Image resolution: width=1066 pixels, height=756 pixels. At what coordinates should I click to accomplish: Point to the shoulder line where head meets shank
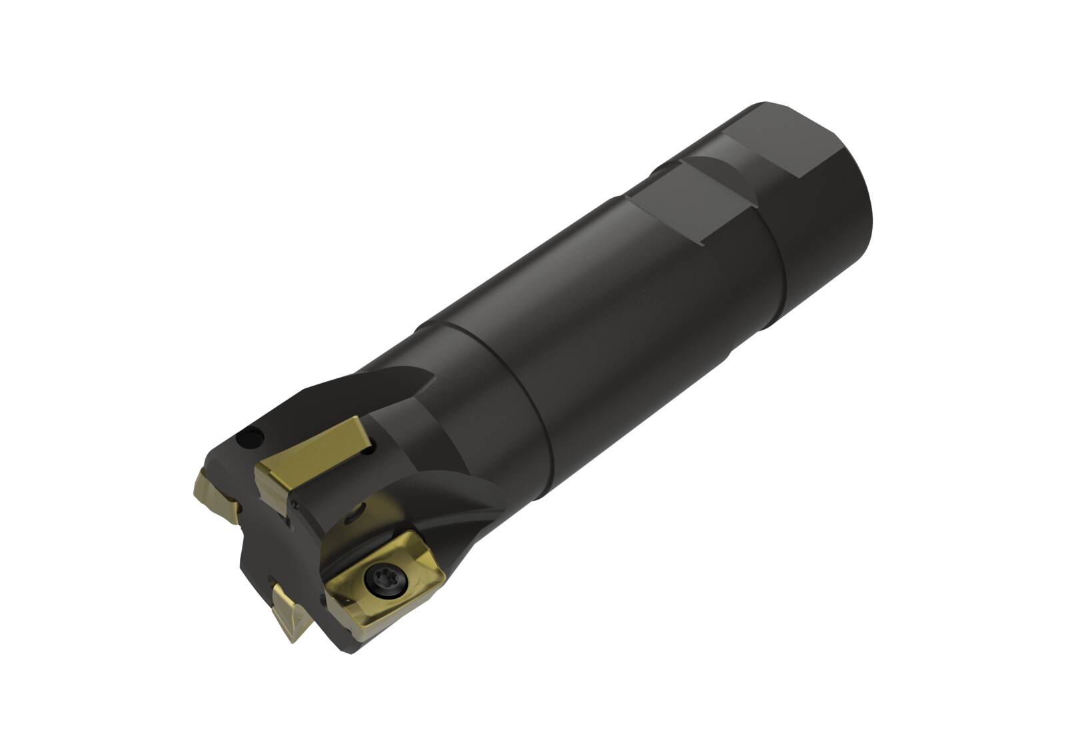[x=506, y=393]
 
